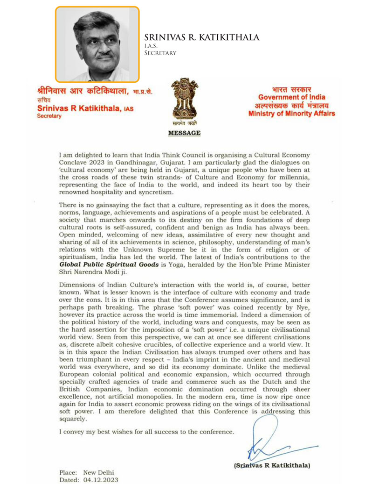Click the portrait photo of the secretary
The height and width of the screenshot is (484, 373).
[x=97, y=44]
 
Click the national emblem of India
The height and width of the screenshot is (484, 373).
[x=186, y=100]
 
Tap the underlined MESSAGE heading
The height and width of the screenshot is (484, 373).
[x=184, y=133]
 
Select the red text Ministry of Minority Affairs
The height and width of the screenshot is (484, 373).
[x=291, y=114]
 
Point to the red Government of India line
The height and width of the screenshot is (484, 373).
[x=292, y=97]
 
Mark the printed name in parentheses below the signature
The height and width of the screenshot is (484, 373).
[x=272, y=465]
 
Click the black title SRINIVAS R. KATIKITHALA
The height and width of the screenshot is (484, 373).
[x=201, y=37]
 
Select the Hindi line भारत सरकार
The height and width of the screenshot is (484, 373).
[x=292, y=89]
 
